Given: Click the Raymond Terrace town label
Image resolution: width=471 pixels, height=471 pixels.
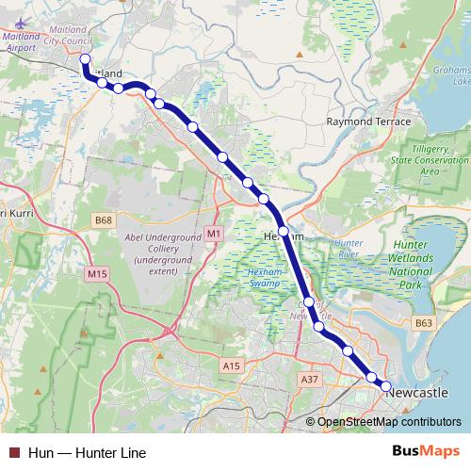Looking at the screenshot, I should coord(368,122).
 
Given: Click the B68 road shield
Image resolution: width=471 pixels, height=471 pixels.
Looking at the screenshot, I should coord(104,220).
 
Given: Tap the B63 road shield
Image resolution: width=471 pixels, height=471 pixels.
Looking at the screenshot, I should coord(424,323).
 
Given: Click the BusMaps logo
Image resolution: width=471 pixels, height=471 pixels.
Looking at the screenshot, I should coord(419,452).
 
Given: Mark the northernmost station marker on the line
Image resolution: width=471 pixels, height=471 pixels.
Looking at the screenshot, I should coord(85,59).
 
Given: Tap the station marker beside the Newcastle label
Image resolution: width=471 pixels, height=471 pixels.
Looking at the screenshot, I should coord(385,386).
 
